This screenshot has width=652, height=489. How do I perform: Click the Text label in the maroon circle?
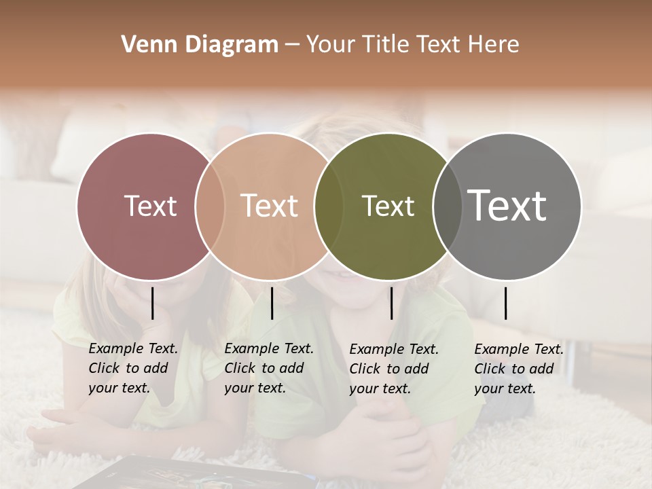tap(150, 206)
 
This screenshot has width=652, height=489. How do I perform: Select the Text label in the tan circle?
tap(269, 206)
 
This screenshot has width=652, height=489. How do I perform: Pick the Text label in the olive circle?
tap(388, 206)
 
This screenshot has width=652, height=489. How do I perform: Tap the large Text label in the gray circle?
tap(507, 206)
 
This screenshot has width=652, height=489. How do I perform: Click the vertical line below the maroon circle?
tap(152, 303)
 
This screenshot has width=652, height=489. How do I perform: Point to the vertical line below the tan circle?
tap(272, 303)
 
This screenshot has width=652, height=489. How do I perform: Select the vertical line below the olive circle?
tap(391, 303)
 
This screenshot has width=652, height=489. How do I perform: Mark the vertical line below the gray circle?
tap(505, 303)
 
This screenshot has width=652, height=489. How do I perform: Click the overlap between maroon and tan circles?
tap(210, 206)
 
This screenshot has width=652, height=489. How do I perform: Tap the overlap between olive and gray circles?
tap(445, 206)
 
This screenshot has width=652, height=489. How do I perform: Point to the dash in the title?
tap(292, 46)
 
